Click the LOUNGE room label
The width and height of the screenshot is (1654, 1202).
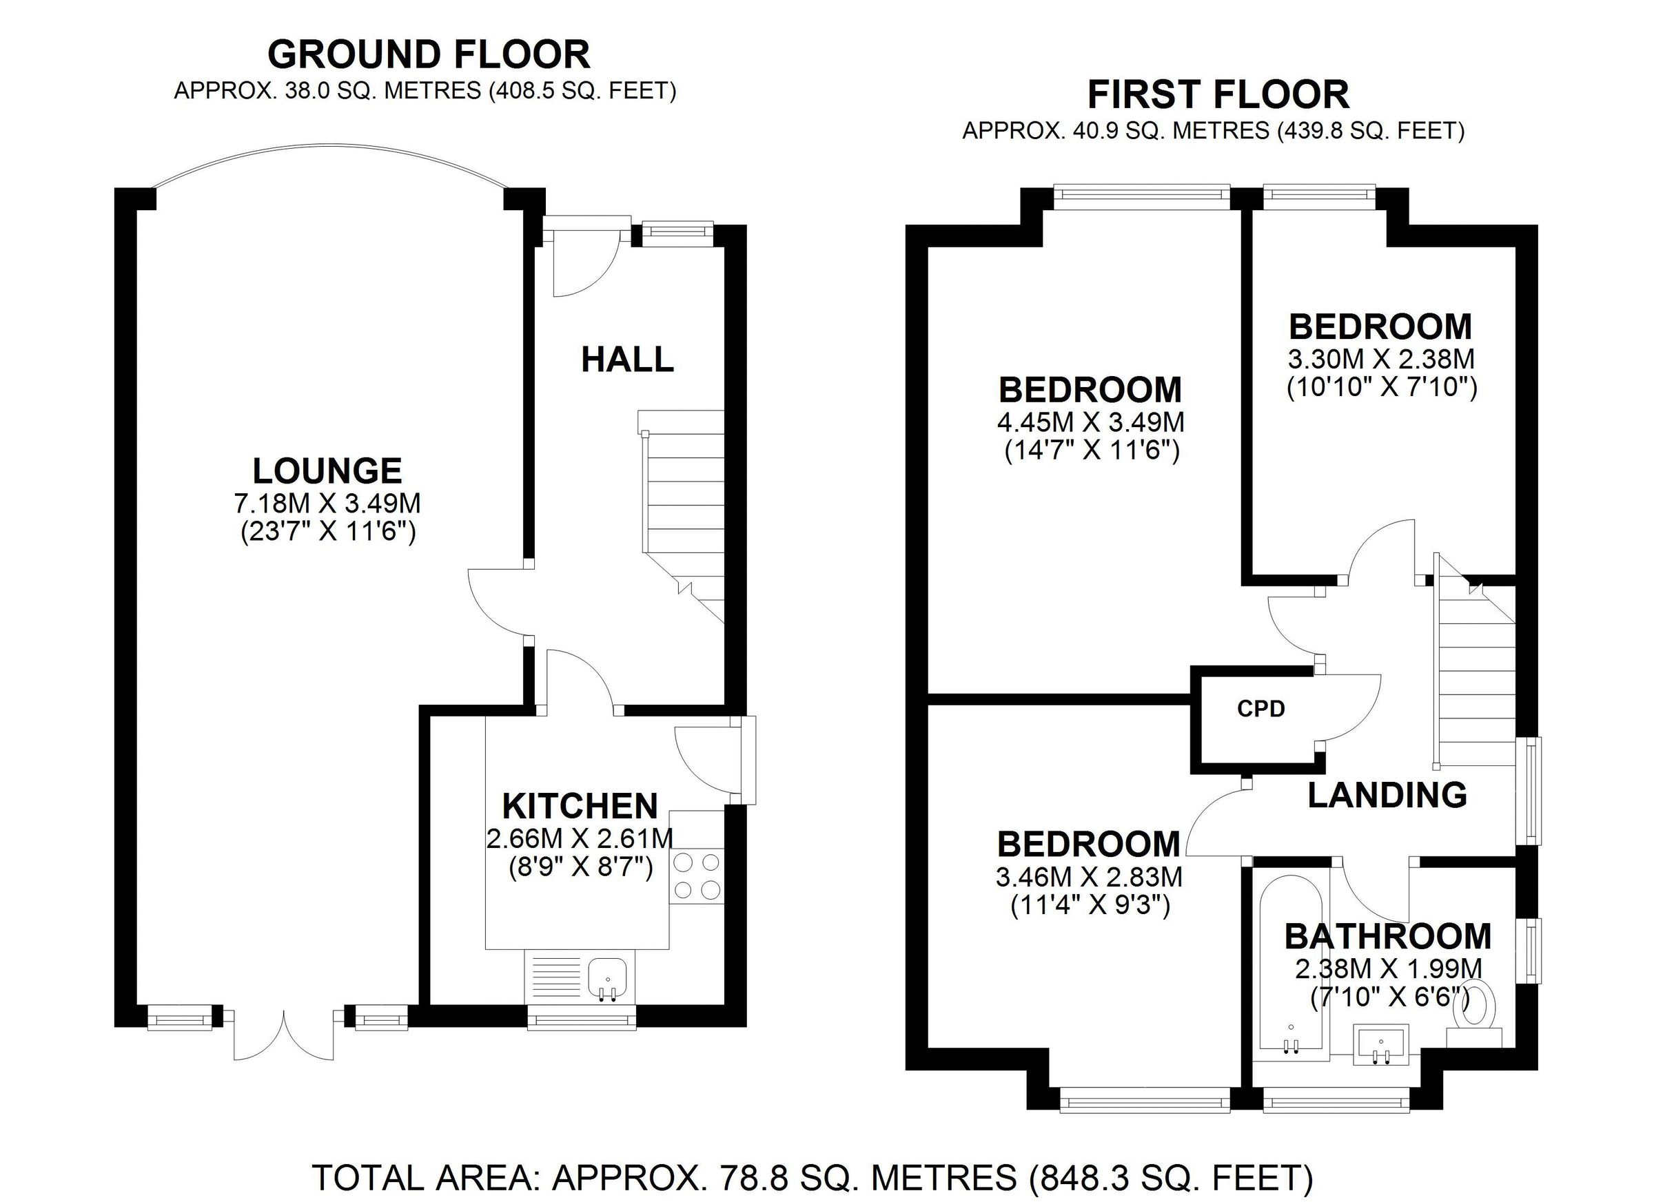327,471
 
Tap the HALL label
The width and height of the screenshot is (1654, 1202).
627,360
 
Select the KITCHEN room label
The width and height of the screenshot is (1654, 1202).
580,805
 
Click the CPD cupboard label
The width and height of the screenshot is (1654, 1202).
1261,709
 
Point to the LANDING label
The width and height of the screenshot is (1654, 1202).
1387,794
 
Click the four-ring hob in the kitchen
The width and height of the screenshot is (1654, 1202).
697,876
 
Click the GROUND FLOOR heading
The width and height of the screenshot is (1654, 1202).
429,54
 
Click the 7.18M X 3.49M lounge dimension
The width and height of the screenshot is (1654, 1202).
327,504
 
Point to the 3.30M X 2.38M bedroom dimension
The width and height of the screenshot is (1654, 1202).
1381,359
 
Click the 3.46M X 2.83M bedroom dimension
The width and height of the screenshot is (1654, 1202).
1089,876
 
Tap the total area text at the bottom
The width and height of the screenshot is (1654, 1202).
813,1177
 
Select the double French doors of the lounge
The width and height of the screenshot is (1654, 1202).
284,1035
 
